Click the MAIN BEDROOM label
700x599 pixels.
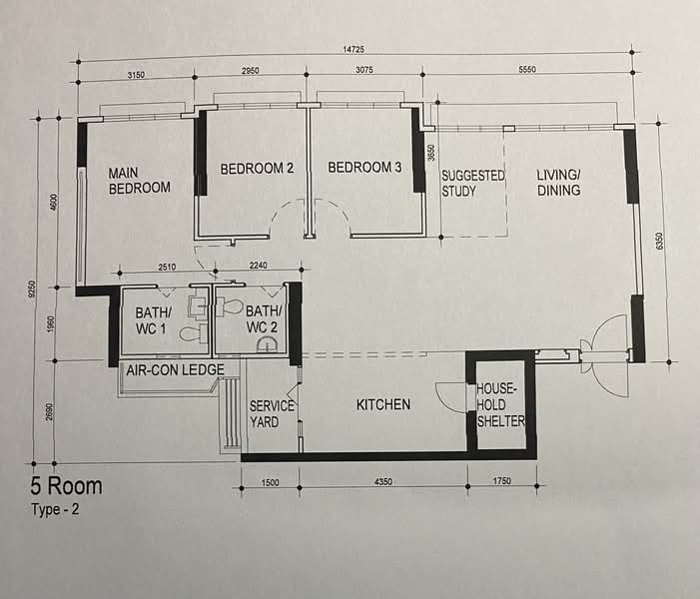tap(139, 181)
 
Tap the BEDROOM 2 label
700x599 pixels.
tap(257, 169)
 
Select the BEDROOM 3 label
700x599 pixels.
tap(364, 168)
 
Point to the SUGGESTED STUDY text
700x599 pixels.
tap(472, 183)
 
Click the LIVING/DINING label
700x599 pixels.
tap(558, 183)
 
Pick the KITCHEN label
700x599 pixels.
tap(383, 404)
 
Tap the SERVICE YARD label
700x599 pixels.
tap(272, 413)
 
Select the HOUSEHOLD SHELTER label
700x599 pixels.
tap(500, 405)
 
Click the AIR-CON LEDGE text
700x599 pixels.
tap(175, 369)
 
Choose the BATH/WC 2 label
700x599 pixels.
tap(264, 318)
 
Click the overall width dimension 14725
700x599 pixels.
tap(353, 50)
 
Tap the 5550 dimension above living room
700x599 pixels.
tap(527, 69)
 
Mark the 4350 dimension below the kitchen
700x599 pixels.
tap(383, 481)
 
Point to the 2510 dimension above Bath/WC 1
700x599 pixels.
tap(167, 267)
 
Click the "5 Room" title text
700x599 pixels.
tap(66, 485)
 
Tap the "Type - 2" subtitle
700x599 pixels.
tap(55, 509)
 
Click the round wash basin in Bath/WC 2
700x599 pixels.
tap(267, 345)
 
